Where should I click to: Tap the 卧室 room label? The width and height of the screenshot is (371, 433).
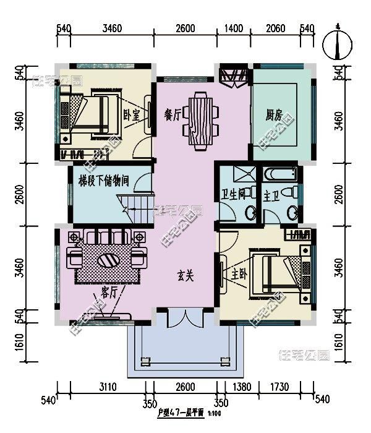(130, 114)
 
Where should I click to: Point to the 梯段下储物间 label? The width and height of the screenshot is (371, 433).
(103, 181)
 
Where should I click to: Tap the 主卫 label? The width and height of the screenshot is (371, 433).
(271, 197)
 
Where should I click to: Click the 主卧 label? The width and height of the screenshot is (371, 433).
(239, 273)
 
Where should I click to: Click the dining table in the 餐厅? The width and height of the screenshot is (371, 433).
(202, 121)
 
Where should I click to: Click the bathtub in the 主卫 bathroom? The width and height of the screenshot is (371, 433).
(281, 174)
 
